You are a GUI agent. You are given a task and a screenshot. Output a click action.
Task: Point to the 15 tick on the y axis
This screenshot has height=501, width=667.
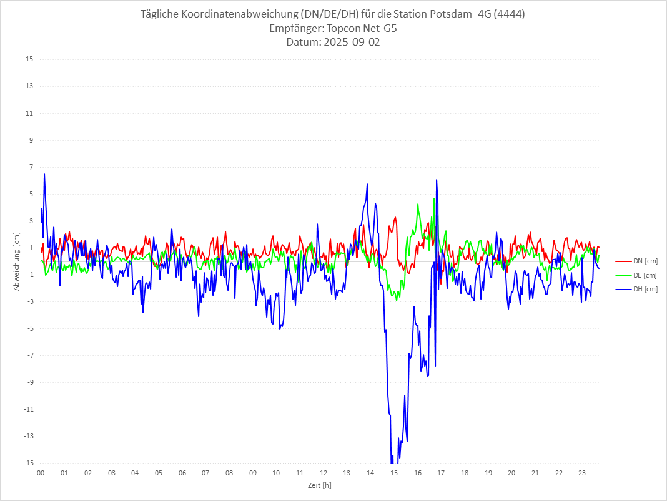tap(29, 59)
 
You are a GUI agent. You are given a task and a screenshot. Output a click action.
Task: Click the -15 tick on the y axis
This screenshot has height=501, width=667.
tap(28, 463)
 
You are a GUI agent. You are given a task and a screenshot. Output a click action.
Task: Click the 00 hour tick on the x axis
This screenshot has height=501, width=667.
tap(41, 473)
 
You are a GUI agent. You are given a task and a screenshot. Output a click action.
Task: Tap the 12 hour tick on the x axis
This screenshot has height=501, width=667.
tap(324, 473)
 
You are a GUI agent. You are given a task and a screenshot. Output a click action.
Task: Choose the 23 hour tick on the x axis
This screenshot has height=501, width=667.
tap(582, 473)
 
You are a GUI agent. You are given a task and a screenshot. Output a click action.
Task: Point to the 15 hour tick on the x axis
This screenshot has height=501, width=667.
tap(394, 473)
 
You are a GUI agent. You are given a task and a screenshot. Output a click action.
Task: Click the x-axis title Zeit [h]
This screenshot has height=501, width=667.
tap(320, 485)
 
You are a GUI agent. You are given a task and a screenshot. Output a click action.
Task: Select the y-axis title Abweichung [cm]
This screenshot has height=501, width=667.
tap(17, 261)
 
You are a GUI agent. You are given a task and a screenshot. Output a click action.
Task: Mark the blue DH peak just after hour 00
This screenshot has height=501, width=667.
tap(44, 174)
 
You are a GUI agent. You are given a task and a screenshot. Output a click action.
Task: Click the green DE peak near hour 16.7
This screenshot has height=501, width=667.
tap(434, 198)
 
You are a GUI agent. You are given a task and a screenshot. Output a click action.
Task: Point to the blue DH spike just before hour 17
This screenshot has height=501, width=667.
tap(437, 180)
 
